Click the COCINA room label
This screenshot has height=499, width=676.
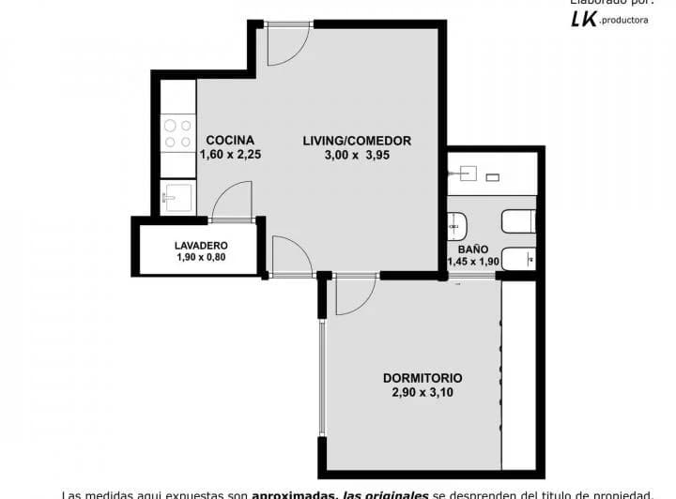coord(230,141)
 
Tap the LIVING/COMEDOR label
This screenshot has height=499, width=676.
coord(357,141)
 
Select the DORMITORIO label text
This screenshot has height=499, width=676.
coord(422,378)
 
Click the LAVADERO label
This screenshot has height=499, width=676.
coord(201,246)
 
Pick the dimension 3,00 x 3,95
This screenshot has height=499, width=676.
coord(357,156)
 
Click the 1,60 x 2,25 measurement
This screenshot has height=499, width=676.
coord(230,156)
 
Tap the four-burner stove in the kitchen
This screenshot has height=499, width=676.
coord(177,133)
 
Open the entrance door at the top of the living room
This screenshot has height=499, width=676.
coord(286,44)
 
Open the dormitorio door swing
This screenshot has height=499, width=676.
coord(354,294)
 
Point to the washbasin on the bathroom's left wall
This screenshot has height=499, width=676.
coord(458,225)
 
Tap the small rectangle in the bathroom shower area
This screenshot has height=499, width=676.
coord(492,176)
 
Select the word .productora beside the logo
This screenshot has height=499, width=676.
coord(623,22)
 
